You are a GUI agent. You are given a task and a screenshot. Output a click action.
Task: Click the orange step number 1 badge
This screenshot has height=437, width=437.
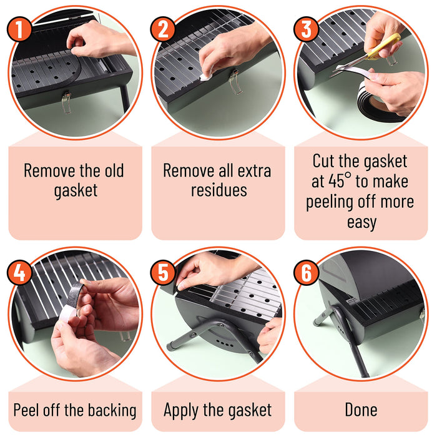[x=19, y=29]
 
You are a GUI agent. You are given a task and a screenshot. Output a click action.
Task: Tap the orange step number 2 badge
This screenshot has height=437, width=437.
[x=163, y=29]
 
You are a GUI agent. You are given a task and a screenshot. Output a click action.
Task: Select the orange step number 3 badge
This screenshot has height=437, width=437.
[x=306, y=29]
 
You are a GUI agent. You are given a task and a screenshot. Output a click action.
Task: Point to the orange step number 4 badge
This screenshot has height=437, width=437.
[x=19, y=272]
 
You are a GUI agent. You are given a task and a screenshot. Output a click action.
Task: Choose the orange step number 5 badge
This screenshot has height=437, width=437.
[x=163, y=272]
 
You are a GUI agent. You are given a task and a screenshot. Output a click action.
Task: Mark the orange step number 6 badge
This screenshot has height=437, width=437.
[x=306, y=272]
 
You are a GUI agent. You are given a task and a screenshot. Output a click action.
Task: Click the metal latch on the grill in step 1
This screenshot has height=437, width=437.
[x=66, y=102]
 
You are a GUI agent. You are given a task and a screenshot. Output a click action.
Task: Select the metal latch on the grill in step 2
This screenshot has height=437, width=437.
[x=235, y=82]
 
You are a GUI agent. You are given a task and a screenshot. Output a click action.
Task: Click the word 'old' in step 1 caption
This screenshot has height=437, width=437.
[x=114, y=170]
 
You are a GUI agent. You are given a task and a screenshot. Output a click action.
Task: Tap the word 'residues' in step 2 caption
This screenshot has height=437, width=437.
[x=219, y=190]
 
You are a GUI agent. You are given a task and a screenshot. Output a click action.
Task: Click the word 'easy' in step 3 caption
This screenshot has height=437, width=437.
[x=361, y=223]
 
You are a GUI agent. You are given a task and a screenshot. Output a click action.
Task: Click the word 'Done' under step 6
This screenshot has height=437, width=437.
[x=361, y=410]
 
